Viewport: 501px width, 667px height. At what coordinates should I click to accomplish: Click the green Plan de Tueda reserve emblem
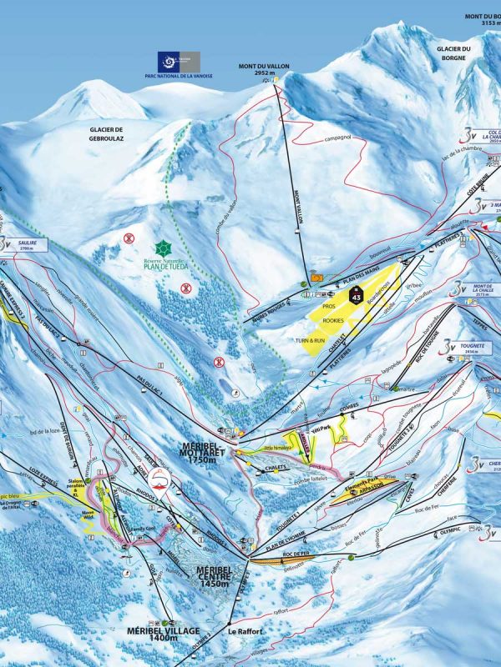[x=161, y=248]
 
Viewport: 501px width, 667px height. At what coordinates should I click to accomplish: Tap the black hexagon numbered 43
[x=357, y=295]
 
